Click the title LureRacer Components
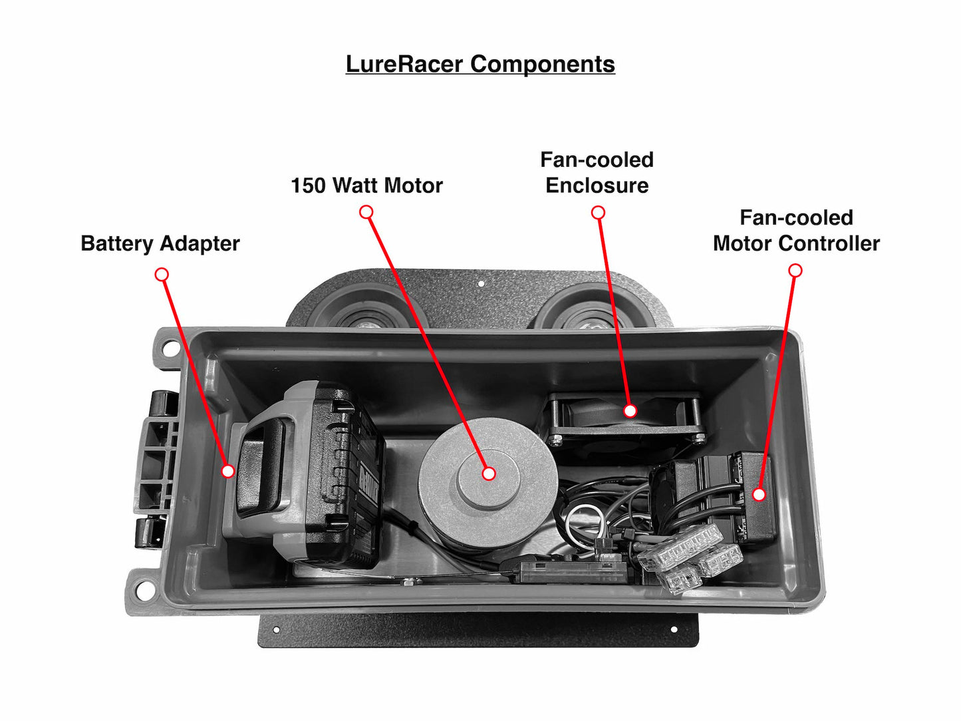pyautogui.click(x=480, y=64)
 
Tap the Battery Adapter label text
pyautogui.click(x=160, y=243)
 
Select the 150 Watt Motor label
pyautogui.click(x=366, y=186)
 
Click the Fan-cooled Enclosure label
pyautogui.click(x=597, y=172)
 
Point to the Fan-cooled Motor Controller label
pyautogui.click(x=796, y=230)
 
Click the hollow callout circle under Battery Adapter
pyautogui.click(x=162, y=274)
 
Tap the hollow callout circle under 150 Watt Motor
pyautogui.click(x=366, y=212)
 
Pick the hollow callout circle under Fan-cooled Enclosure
pyautogui.click(x=598, y=212)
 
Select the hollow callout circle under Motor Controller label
pyautogui.click(x=795, y=270)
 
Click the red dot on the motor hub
pyautogui.click(x=489, y=474)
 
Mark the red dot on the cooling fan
pyautogui.click(x=630, y=410)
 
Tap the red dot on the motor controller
pyautogui.click(x=759, y=494)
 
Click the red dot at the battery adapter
pyautogui.click(x=228, y=471)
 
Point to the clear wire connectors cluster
pyautogui.click(x=692, y=556)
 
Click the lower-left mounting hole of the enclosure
pyautogui.click(x=142, y=589)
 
